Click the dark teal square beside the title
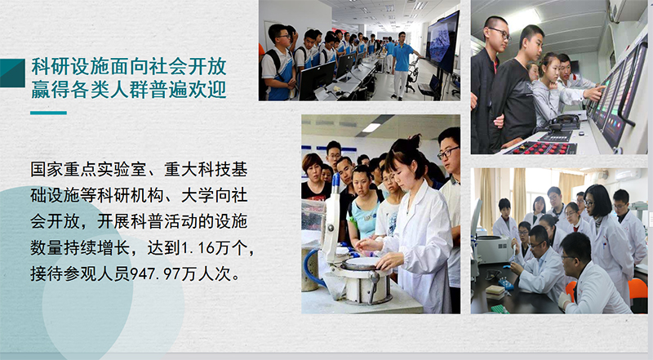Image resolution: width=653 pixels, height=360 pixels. pyautogui.click(x=12, y=73)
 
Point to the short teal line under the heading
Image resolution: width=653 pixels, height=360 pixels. pyautogui.click(x=48, y=113)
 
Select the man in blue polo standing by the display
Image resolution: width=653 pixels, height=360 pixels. pyautogui.click(x=402, y=65)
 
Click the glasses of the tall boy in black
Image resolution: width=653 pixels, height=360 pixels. pyautogui.click(x=500, y=33)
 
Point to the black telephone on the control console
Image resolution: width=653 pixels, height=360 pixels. pyautogui.click(x=564, y=122)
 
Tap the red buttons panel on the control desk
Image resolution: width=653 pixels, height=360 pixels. pyautogui.click(x=540, y=148)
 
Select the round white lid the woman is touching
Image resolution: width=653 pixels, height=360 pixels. pyautogui.click(x=362, y=263)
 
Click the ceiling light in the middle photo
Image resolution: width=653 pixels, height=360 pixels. pyautogui.click(x=371, y=128)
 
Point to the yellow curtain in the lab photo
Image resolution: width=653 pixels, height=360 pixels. pyautogui.click(x=487, y=197)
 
